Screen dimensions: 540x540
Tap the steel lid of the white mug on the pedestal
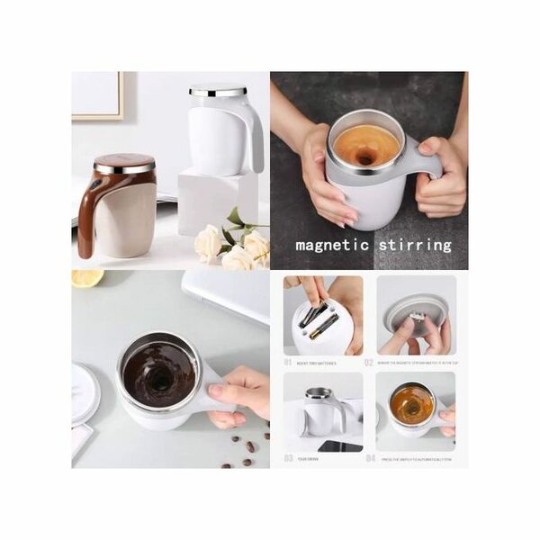(x=217, y=91)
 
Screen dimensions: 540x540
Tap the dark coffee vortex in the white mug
(x=158, y=373)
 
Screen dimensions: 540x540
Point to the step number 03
(x=289, y=457)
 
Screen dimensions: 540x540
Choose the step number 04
(x=369, y=457)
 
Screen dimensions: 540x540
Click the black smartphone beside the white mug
(x=340, y=446)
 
